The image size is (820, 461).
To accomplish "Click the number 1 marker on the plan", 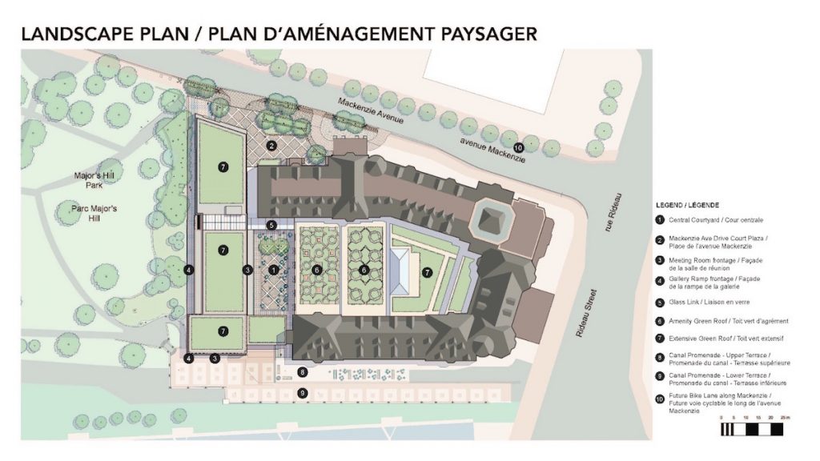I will pos(274,270).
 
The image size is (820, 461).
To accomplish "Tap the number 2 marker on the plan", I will pos(271,146).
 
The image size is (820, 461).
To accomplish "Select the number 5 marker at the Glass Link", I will pos(271,226).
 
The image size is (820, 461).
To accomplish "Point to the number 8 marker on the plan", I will pos(302,372).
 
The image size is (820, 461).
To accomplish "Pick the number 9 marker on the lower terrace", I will pos(302,392).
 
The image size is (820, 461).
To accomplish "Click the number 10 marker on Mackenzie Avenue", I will pos(518,146).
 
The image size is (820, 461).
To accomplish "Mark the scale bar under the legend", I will pos(755,428).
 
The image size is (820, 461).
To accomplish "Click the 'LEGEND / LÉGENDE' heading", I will pos(686,204).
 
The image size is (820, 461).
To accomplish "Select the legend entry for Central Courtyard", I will pos(713,220).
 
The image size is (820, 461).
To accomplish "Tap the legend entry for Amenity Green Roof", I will pos(718,321).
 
